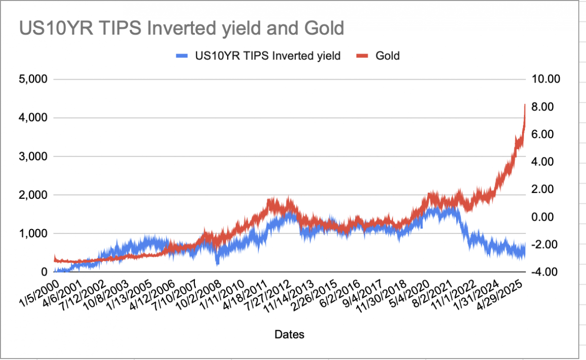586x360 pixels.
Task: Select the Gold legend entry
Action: [387, 56]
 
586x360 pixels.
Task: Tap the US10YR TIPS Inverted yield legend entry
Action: [268, 56]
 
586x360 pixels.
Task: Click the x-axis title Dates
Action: [290, 335]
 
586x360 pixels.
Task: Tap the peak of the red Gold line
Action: [524, 105]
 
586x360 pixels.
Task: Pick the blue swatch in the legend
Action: [181, 56]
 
